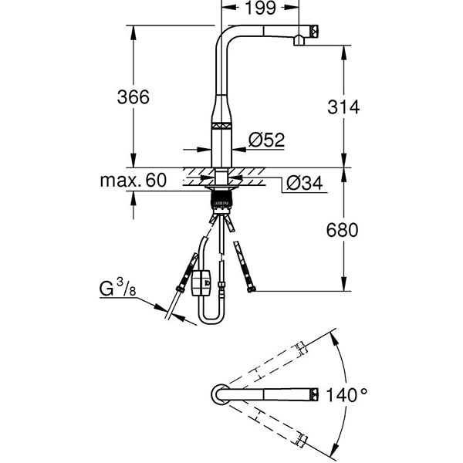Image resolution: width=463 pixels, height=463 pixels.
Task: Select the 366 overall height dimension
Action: click(x=132, y=97)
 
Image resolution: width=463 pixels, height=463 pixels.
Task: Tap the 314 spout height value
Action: click(x=344, y=107)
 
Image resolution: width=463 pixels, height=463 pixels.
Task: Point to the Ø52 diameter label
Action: click(x=267, y=140)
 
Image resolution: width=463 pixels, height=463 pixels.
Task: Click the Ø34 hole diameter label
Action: click(x=303, y=183)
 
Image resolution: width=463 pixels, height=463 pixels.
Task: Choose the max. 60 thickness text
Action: click(x=133, y=181)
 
